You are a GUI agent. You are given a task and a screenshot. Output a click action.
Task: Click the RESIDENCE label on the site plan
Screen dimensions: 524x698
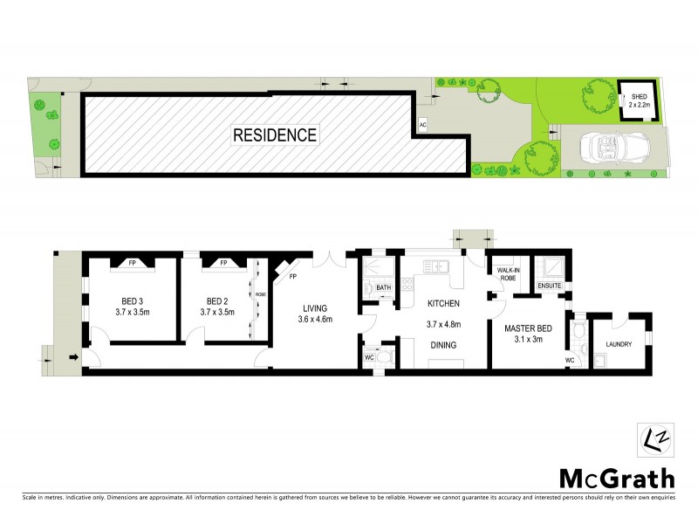[x=275, y=135]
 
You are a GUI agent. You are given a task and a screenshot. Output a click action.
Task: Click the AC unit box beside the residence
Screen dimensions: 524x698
[x=422, y=125]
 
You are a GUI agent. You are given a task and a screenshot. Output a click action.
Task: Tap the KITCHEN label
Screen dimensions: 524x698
[x=443, y=305]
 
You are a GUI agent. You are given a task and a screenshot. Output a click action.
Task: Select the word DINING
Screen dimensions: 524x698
[x=443, y=345]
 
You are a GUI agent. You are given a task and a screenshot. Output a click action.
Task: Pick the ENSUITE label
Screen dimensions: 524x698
[x=549, y=285]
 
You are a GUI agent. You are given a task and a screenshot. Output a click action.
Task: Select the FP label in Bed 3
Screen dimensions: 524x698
[x=133, y=261]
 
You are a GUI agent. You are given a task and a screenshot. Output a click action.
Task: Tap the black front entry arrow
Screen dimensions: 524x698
[x=73, y=356]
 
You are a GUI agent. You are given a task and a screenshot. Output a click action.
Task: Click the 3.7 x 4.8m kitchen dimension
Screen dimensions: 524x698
[x=443, y=324]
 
